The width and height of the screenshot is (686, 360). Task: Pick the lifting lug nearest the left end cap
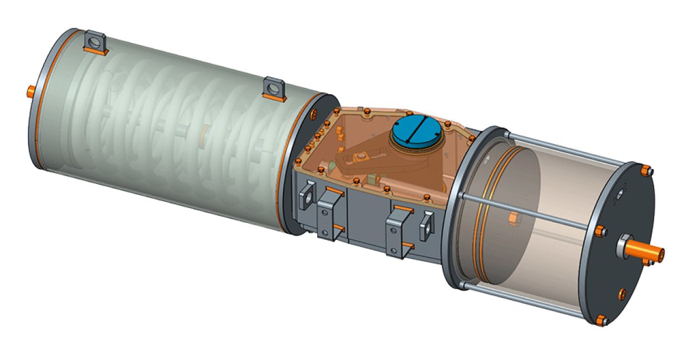94,43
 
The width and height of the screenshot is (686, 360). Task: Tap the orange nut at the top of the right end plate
645,170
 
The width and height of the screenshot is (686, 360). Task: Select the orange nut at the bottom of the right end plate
600,319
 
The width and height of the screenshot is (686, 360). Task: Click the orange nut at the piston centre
513,217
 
